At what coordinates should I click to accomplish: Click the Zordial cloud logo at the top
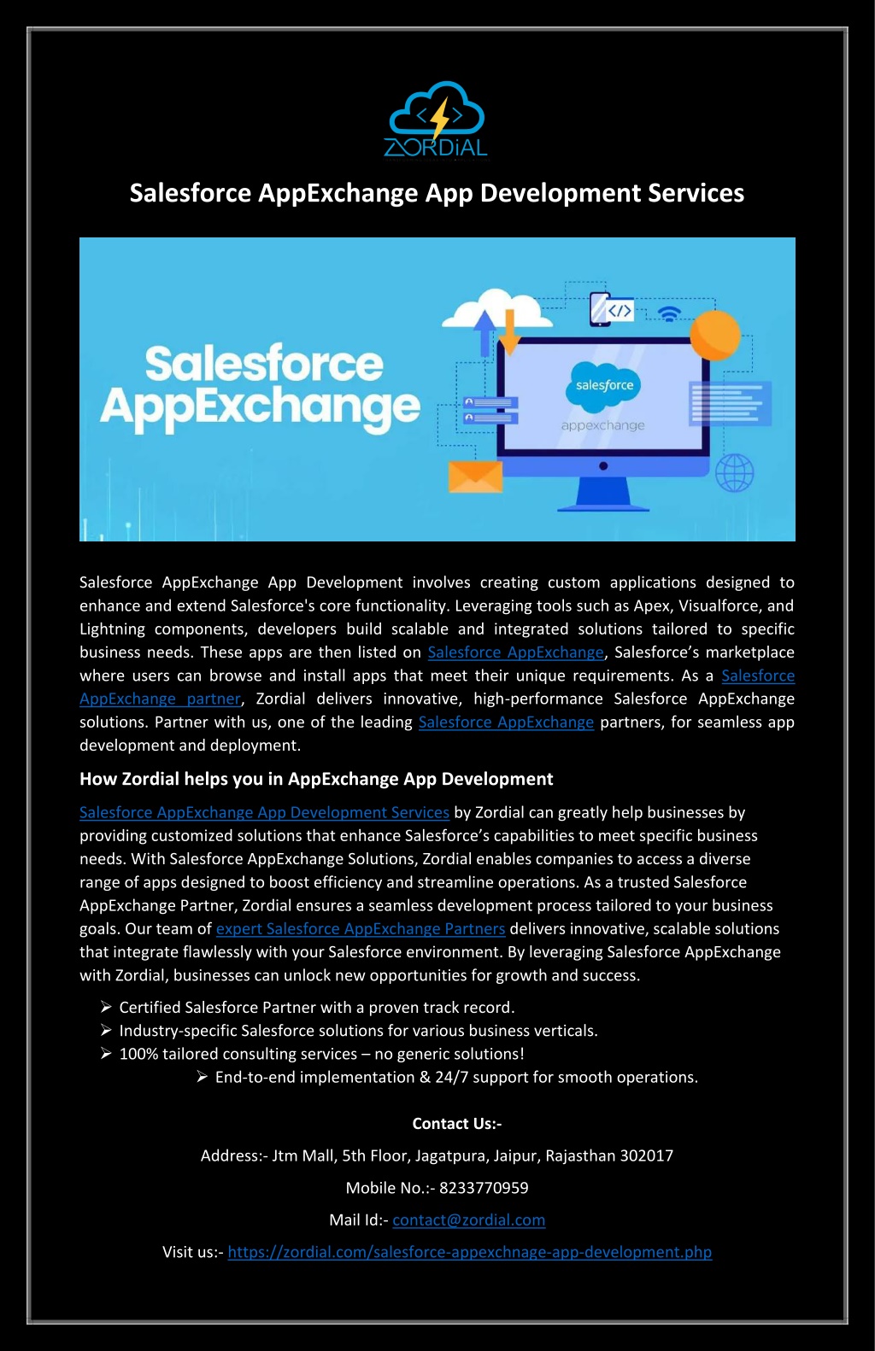click(x=437, y=120)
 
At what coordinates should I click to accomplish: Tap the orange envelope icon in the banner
click(x=475, y=476)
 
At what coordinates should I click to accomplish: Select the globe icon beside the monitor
click(x=734, y=473)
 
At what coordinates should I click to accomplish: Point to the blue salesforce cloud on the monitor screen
click(x=603, y=384)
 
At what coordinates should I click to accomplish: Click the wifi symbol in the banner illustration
click(x=669, y=313)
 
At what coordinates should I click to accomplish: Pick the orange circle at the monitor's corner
click(x=715, y=336)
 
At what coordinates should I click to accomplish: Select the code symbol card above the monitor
click(x=612, y=310)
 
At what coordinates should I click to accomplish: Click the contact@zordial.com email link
click(x=469, y=1219)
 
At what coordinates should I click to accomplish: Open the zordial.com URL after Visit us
click(x=469, y=1251)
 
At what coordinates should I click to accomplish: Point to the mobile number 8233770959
click(x=484, y=1188)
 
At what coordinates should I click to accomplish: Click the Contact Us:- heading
click(x=457, y=1123)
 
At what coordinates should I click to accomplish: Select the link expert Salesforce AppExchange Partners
click(x=361, y=929)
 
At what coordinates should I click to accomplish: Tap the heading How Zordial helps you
click(x=316, y=779)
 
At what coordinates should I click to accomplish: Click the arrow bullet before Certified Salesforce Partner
click(x=106, y=1007)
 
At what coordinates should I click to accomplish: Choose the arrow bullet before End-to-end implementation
click(x=203, y=1077)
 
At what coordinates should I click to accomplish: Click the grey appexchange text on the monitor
click(x=603, y=426)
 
